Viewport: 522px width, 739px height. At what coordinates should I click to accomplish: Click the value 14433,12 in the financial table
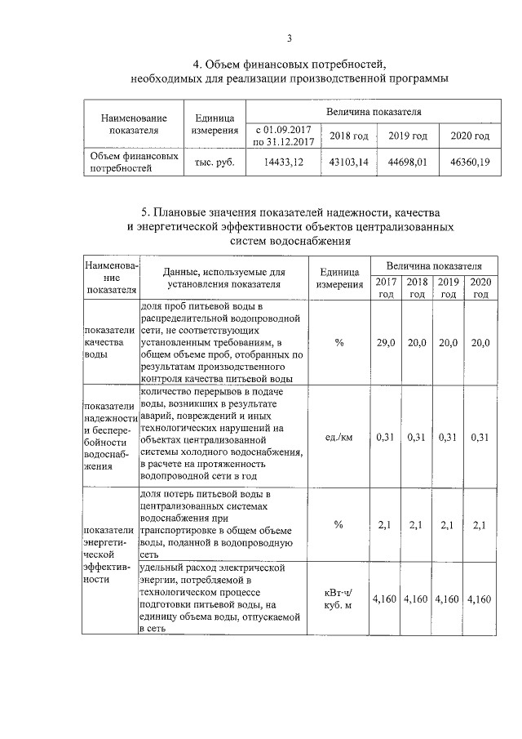coord(284,162)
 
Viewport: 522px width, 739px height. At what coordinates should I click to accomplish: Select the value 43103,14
coord(349,162)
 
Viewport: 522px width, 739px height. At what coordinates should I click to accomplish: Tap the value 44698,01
coord(408,162)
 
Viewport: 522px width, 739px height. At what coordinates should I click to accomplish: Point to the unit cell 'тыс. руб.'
coord(215,162)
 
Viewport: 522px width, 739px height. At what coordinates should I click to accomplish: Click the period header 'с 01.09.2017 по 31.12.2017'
coord(284,136)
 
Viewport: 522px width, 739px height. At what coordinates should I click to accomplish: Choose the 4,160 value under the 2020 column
coord(479,599)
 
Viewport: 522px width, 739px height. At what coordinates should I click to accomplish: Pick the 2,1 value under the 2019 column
coord(448,525)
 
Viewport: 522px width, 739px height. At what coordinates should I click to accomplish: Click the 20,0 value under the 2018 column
coord(417,343)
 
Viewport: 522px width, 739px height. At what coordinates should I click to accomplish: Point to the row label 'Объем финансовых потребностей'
coord(133,162)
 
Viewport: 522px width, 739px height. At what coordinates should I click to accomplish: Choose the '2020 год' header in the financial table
coord(470,136)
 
